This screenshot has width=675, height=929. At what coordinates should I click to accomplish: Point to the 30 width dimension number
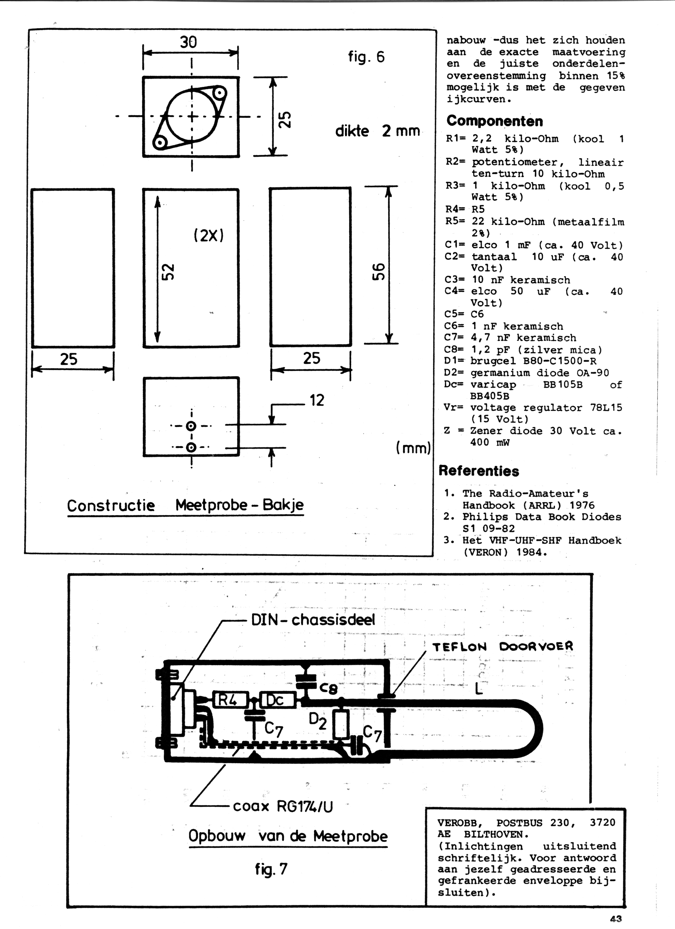pyautogui.click(x=188, y=42)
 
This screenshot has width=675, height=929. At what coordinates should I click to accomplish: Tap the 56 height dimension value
pyautogui.click(x=379, y=271)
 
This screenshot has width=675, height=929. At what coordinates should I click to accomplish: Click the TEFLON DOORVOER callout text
pyautogui.click(x=503, y=647)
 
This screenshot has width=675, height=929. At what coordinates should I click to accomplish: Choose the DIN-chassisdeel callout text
pyautogui.click(x=313, y=620)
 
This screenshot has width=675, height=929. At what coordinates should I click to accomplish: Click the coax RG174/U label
pyautogui.click(x=283, y=806)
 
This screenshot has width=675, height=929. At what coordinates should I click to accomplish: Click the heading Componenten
pyautogui.click(x=495, y=121)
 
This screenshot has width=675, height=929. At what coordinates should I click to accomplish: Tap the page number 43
pyautogui.click(x=616, y=919)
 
